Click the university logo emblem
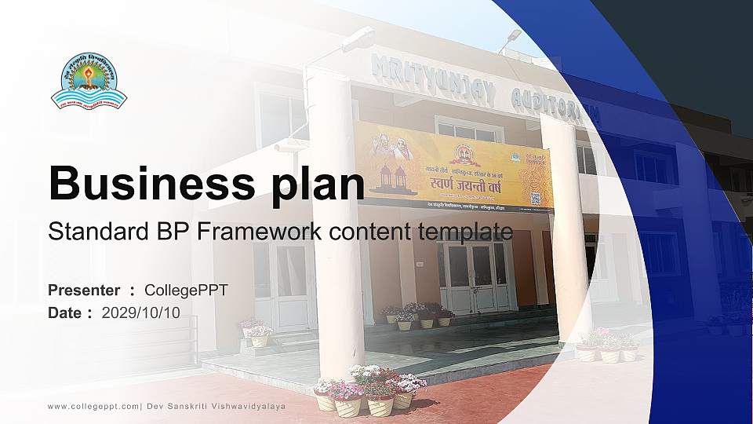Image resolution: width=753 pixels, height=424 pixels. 89,82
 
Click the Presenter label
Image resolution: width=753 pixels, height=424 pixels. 84,291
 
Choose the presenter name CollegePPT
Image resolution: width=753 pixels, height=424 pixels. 186,291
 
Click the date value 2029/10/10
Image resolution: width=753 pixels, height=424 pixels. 140,313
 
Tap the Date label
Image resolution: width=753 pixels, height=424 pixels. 64,313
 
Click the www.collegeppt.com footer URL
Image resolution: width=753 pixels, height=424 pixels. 93,406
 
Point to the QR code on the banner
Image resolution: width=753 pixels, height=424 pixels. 536,198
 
